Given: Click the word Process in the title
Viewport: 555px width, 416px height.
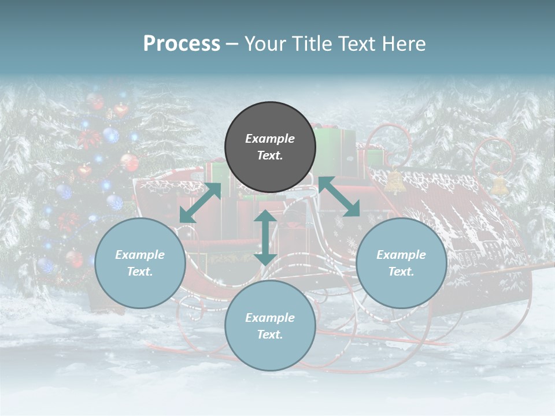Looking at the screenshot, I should pyautogui.click(x=182, y=44).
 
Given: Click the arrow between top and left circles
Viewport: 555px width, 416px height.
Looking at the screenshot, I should pyautogui.click(x=200, y=203).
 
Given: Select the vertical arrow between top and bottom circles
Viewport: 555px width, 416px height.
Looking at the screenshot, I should pyautogui.click(x=265, y=237).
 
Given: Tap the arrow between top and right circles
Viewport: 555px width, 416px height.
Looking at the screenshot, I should pyautogui.click(x=339, y=196).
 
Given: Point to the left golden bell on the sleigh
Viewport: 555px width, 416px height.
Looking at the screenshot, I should pyautogui.click(x=394, y=181).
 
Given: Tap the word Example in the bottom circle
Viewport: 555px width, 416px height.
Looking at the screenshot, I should pyautogui.click(x=270, y=317).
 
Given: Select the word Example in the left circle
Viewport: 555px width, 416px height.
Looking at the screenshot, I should pyautogui.click(x=140, y=254).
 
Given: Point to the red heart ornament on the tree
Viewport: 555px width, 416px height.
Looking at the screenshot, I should pyautogui.click(x=120, y=110).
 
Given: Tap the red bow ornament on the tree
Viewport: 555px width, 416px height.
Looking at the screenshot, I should pyautogui.click(x=90, y=139).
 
